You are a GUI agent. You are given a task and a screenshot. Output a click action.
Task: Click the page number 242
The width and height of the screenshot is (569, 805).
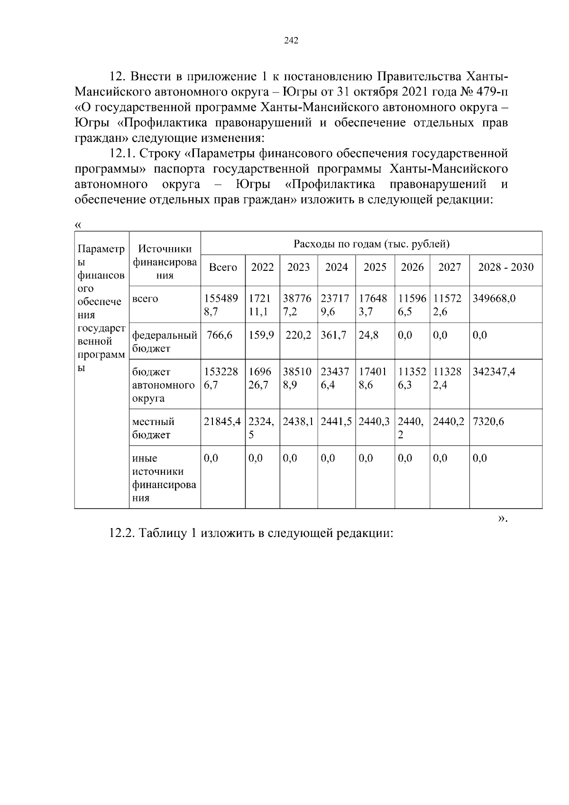point(291,41)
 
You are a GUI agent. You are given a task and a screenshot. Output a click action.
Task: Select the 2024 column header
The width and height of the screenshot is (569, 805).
point(336,268)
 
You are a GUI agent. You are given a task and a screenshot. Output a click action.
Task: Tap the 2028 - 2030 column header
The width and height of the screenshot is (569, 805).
point(505,268)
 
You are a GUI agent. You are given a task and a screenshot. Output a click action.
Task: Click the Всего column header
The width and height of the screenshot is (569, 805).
point(223,268)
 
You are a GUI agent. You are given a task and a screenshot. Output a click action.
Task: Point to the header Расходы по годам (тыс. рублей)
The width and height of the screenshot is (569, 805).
point(371,244)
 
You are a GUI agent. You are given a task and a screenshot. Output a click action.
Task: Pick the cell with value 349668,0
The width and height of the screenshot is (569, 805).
point(494,299)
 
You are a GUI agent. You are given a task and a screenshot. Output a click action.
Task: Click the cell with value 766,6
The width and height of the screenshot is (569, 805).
point(220,335)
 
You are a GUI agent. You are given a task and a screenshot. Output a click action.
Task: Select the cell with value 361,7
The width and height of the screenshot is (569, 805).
point(333,335)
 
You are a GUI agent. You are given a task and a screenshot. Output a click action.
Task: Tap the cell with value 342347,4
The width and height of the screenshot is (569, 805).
point(494,372)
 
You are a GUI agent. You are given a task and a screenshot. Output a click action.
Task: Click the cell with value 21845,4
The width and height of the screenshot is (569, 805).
point(222,422)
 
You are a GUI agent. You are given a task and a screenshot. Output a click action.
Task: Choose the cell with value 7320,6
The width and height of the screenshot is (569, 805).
point(488,422)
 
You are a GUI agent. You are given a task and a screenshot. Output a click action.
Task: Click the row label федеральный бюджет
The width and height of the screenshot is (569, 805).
point(164,342)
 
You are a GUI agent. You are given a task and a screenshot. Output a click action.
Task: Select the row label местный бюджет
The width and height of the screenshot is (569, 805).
point(153,428)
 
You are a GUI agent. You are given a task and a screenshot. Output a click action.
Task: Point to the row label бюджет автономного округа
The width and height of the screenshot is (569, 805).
point(163,385)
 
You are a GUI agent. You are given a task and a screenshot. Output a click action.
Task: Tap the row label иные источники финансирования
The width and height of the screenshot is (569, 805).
point(164,478)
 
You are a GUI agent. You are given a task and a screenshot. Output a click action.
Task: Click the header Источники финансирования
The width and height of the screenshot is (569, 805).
point(165,262)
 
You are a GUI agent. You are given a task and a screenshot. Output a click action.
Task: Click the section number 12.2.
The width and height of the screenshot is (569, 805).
point(122,533)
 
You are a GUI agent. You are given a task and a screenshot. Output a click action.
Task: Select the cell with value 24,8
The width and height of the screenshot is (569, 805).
point(366,335)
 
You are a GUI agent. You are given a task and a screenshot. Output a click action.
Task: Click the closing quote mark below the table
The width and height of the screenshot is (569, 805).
point(503,519)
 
